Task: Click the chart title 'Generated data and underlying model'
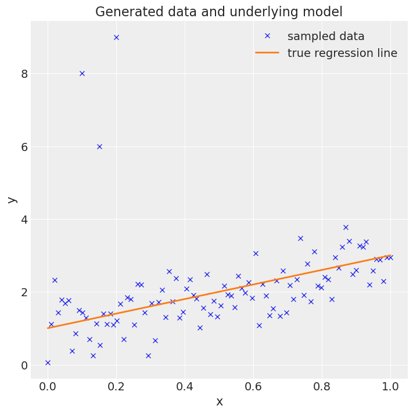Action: pyautogui.click(x=219, y=12)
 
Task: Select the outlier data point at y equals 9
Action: pyautogui.click(x=116, y=37)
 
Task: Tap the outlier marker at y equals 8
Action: pyautogui.click(x=82, y=73)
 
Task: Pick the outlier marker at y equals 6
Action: pyautogui.click(x=99, y=146)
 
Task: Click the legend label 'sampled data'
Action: pyautogui.click(x=326, y=36)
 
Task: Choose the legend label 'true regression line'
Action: pyautogui.click(x=342, y=53)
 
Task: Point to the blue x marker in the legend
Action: pyautogui.click(x=267, y=36)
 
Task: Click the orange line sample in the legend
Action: pyautogui.click(x=267, y=53)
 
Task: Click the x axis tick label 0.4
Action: pyautogui.click(x=185, y=386)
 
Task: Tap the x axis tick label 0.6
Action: pyautogui.click(x=253, y=386)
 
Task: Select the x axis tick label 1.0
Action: pyautogui.click(x=390, y=386)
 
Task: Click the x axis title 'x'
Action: pyautogui.click(x=219, y=401)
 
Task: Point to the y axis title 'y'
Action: pyautogui.click(x=11, y=200)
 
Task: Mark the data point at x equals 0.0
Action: pyautogui.click(x=48, y=362)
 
